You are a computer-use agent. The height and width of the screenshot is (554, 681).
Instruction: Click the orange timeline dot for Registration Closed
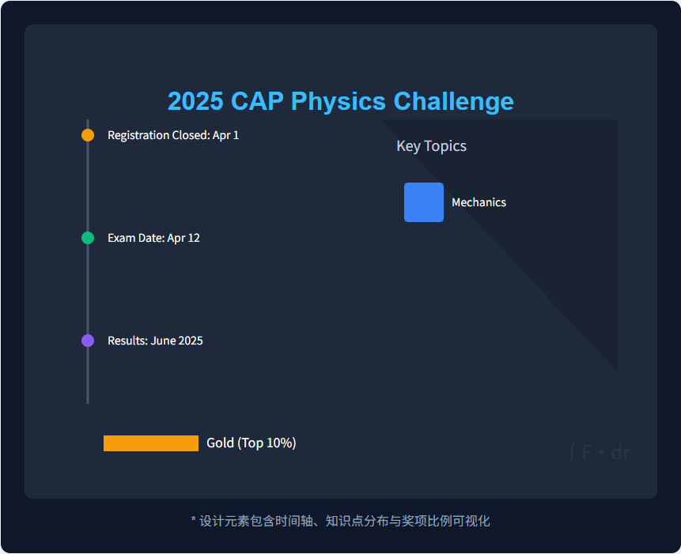click(x=88, y=135)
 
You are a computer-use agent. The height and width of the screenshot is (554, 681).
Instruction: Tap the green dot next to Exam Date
click(x=88, y=238)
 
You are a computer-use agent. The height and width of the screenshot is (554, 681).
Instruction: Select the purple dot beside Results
click(x=88, y=341)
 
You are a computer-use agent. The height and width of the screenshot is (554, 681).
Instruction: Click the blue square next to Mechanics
click(x=424, y=202)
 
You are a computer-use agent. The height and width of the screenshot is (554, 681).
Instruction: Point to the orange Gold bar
click(x=151, y=443)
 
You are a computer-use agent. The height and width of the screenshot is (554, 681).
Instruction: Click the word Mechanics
click(x=479, y=202)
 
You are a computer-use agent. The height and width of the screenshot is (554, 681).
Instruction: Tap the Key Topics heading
click(x=431, y=146)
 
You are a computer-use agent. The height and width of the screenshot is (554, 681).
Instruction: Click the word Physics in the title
click(x=339, y=101)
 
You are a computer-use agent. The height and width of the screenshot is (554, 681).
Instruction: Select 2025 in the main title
click(x=195, y=101)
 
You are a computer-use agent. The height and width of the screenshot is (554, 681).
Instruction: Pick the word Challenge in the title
click(x=453, y=101)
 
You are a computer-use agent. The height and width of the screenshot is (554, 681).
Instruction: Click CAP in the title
click(x=257, y=101)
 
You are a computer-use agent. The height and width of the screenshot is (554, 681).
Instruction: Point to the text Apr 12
click(x=183, y=238)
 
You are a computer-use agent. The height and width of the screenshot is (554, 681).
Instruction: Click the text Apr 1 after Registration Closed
click(x=225, y=135)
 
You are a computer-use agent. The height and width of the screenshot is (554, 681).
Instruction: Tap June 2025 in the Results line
click(x=176, y=341)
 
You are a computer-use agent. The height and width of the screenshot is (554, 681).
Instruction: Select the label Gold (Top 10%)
click(x=251, y=443)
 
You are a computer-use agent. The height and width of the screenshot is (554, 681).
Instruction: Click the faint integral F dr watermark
click(x=600, y=453)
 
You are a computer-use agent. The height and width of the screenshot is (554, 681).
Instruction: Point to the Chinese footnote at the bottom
click(x=340, y=521)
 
